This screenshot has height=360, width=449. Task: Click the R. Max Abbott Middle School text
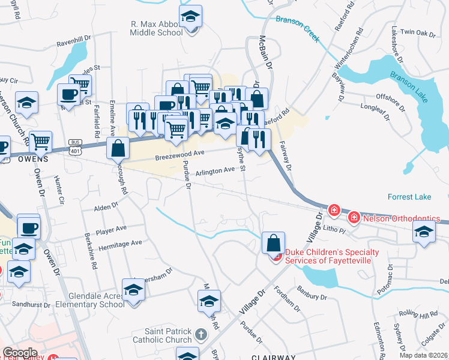coord(157,29)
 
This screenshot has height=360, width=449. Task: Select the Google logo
coord(20,353)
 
